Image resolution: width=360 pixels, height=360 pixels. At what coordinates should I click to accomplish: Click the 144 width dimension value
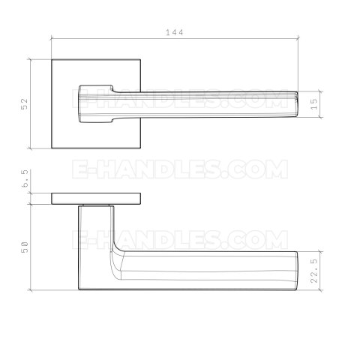[175, 32]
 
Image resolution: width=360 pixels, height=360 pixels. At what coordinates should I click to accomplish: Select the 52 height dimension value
[25, 103]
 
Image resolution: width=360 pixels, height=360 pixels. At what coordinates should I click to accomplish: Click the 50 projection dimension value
[25, 246]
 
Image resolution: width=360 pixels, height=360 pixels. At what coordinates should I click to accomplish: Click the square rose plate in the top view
[64, 75]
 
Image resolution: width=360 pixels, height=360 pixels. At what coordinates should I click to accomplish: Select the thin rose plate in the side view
[95, 198]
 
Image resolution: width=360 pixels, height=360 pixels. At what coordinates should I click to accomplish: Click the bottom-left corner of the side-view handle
[79, 289]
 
